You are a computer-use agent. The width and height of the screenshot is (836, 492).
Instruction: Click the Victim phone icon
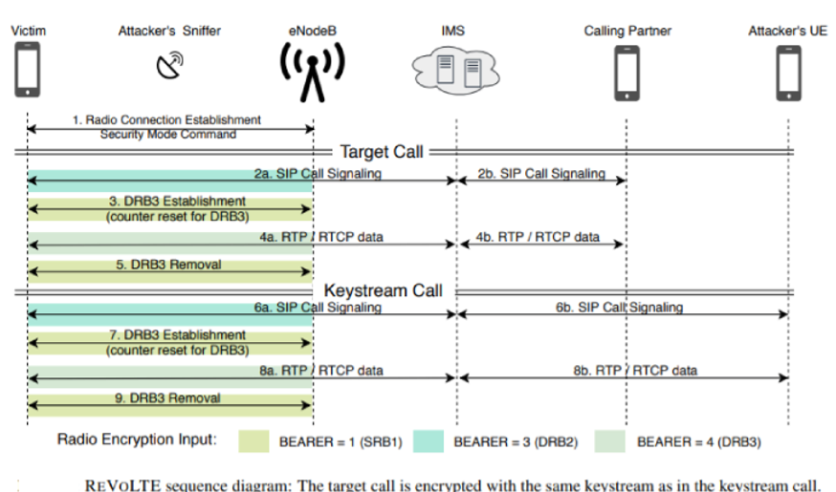coord(27,69)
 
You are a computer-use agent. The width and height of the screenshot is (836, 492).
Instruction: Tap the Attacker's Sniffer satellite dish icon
coord(169,65)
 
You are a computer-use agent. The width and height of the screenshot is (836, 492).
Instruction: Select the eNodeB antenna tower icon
coord(313,73)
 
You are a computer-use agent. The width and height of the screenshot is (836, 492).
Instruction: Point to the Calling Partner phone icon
coord(627,73)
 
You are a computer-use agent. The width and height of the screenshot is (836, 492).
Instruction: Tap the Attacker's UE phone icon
coord(788,73)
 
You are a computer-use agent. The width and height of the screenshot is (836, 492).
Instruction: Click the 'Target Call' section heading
coord(382,152)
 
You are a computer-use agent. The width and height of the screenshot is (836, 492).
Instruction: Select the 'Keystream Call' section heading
coord(383,290)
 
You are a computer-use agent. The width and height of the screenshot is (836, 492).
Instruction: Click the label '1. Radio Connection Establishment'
coord(166,119)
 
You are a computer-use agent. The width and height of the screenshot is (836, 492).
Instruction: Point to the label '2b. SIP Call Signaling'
coord(541,174)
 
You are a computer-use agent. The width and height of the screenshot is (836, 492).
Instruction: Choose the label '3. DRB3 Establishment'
coord(177,202)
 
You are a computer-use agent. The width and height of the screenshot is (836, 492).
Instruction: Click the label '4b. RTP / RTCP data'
coord(538,237)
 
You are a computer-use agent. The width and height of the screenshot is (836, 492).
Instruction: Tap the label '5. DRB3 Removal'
coord(168,265)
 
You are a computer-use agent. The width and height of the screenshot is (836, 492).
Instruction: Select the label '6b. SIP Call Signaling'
coord(619,308)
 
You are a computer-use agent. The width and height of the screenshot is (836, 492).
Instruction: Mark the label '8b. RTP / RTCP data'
coord(635,371)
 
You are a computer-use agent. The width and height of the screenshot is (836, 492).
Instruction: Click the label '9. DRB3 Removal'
coord(167,398)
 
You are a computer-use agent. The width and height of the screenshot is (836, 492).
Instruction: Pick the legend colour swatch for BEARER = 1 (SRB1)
coord(253,441)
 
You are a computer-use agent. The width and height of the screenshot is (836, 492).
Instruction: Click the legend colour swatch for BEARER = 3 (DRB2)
coord(429,441)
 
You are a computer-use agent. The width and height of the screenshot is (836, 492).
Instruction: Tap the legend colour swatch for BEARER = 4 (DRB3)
coord(610,441)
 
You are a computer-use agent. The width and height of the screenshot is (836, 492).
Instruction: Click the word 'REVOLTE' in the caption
coord(122,485)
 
